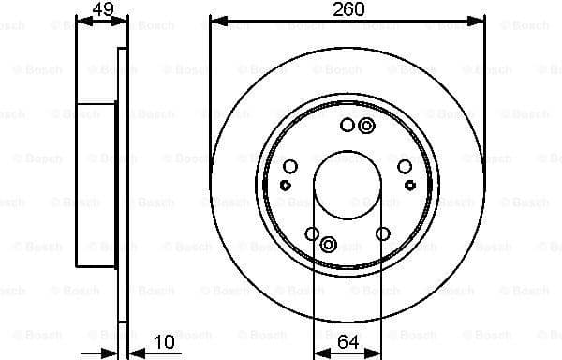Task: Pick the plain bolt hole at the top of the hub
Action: click(348, 126)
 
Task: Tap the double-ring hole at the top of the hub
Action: click(366, 127)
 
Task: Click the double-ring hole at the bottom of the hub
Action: click(329, 245)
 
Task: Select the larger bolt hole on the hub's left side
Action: click(290, 167)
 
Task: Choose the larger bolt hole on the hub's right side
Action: click(405, 167)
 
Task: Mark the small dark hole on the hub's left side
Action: click(284, 185)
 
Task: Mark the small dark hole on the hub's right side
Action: click(411, 185)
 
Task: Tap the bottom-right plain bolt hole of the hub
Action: click(382, 233)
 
